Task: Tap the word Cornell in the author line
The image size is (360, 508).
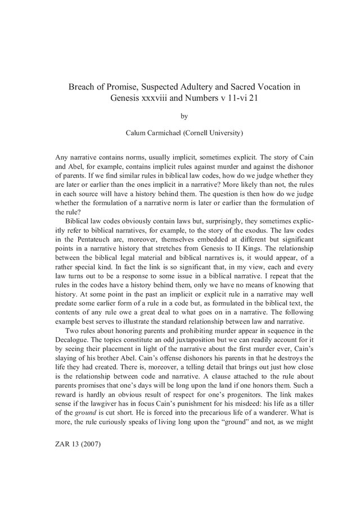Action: coord(204,134)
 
